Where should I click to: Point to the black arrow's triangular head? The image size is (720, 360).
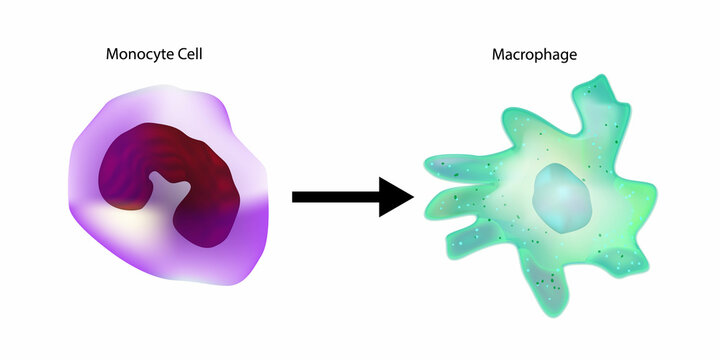click(396, 196)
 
